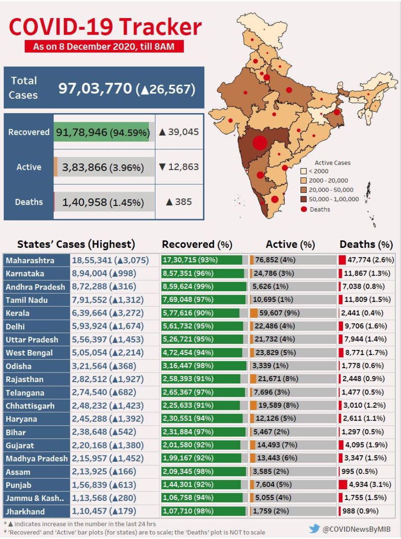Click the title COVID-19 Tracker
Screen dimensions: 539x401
[105, 27]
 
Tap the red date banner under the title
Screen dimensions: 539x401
[104, 46]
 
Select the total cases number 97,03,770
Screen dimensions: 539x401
[95, 88]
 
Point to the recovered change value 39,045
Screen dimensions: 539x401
[179, 132]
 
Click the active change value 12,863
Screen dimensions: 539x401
[179, 167]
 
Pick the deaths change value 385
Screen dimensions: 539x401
[179, 202]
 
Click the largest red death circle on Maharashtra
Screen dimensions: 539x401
[260, 143]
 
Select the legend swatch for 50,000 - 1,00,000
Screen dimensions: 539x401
[304, 199]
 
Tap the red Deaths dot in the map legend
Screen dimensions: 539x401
[304, 209]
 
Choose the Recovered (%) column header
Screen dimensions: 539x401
[197, 244]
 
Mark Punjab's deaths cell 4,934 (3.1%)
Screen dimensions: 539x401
[366, 485]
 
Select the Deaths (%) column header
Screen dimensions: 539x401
[366, 244]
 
